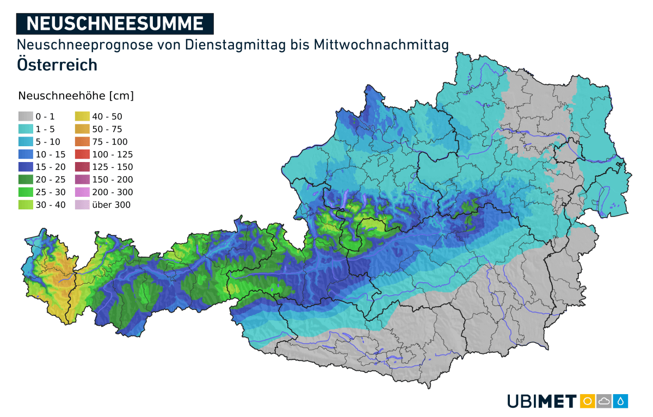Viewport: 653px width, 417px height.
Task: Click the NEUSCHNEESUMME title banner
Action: [115, 23]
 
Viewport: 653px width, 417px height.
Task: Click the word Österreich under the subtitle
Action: [57, 65]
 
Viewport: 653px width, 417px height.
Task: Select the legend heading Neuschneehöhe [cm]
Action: [76, 96]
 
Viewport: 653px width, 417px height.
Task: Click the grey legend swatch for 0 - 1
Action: [26, 116]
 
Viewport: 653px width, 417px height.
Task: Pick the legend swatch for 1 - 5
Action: [26, 129]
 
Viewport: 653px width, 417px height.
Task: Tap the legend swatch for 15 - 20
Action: [26, 167]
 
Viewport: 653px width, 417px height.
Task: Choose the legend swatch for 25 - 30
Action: [26, 192]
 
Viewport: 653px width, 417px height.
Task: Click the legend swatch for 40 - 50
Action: [83, 116]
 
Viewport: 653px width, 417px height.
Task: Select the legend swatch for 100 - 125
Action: [83, 154]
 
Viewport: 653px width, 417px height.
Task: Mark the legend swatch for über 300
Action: [83, 205]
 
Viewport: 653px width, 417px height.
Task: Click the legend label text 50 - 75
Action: [107, 129]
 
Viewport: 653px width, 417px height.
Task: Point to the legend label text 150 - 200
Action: [112, 179]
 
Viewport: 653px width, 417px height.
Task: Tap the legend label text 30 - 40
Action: [51, 205]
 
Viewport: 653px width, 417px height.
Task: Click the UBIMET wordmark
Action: [541, 401]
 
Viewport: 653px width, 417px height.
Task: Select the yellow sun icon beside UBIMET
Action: [587, 401]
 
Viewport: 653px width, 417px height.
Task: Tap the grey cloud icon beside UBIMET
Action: [604, 401]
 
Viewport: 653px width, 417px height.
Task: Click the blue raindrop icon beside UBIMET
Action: [621, 401]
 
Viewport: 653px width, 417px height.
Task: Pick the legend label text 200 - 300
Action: [112, 192]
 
